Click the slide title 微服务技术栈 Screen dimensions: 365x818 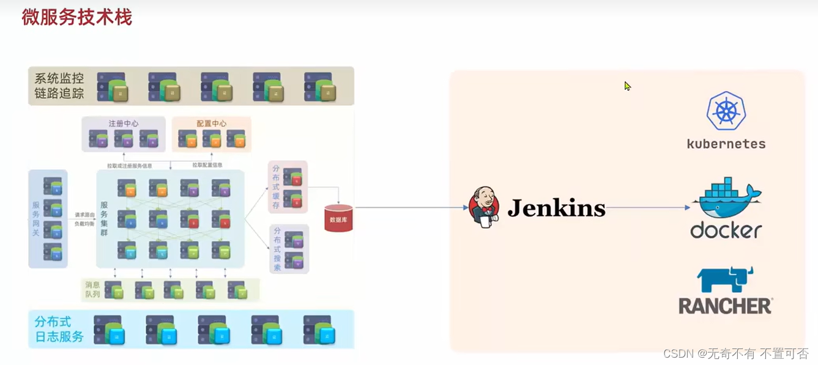coord(77,17)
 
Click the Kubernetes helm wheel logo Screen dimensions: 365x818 coord(726,111)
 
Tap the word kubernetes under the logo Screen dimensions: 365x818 coord(726,144)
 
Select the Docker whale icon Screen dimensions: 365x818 coord(726,197)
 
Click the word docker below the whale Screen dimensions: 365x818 coord(726,230)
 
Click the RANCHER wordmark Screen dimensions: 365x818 coord(725,306)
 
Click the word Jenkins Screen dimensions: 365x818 coord(556,208)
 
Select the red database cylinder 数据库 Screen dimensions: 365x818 coord(338,218)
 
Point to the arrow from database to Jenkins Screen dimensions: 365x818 coord(410,208)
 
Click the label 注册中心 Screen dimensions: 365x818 coord(124,124)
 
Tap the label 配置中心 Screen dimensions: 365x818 coord(211,124)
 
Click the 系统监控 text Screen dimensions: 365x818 coord(59,78)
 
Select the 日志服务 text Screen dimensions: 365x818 coord(59,336)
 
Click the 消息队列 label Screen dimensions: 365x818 coord(92,290)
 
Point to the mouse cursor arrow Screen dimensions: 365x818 coord(627,86)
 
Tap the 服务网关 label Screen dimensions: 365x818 coord(36,219)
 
